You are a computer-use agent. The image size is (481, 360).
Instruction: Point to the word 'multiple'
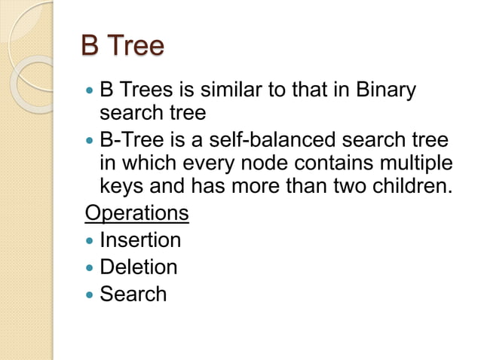click(x=412, y=163)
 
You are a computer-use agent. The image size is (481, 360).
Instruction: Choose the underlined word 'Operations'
click(x=136, y=212)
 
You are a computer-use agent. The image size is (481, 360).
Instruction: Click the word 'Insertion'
click(x=140, y=240)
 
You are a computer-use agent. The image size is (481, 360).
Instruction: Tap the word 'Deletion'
click(x=139, y=267)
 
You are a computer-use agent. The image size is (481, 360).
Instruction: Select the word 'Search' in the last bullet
click(x=133, y=293)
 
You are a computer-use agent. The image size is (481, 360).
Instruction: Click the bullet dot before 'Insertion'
click(x=90, y=241)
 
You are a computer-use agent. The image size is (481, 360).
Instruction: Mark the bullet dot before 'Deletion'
click(x=90, y=267)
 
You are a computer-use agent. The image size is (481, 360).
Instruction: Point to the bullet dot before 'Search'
click(x=90, y=294)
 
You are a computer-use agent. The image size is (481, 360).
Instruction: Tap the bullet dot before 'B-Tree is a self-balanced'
click(x=90, y=141)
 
